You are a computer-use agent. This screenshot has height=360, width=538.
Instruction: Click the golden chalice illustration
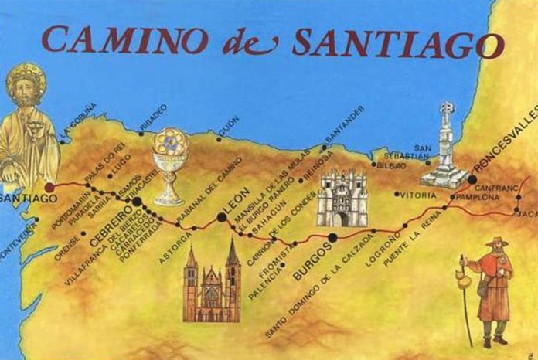pos(169,165)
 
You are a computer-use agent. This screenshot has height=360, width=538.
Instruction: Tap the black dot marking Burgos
pos(332,237)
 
